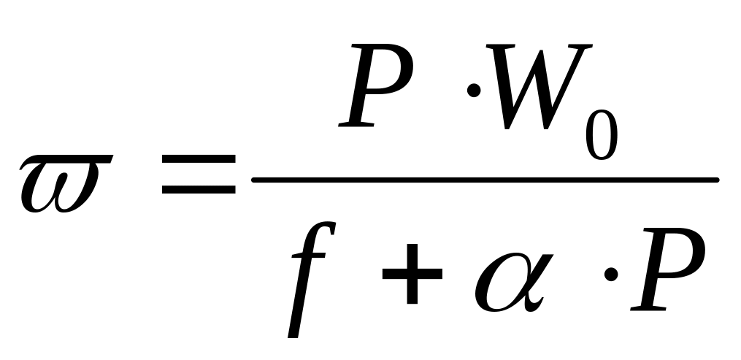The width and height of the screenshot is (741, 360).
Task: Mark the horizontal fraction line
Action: pos(485,179)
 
